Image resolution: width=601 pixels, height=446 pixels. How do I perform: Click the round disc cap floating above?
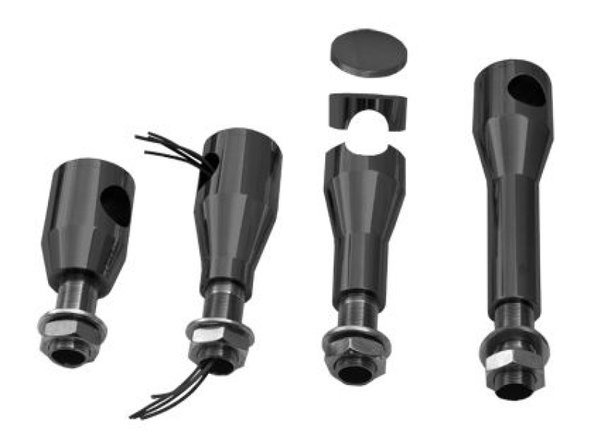369,52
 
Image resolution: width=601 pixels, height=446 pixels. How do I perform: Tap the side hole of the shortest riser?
116,205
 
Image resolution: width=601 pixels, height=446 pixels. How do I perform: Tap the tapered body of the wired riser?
237,218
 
